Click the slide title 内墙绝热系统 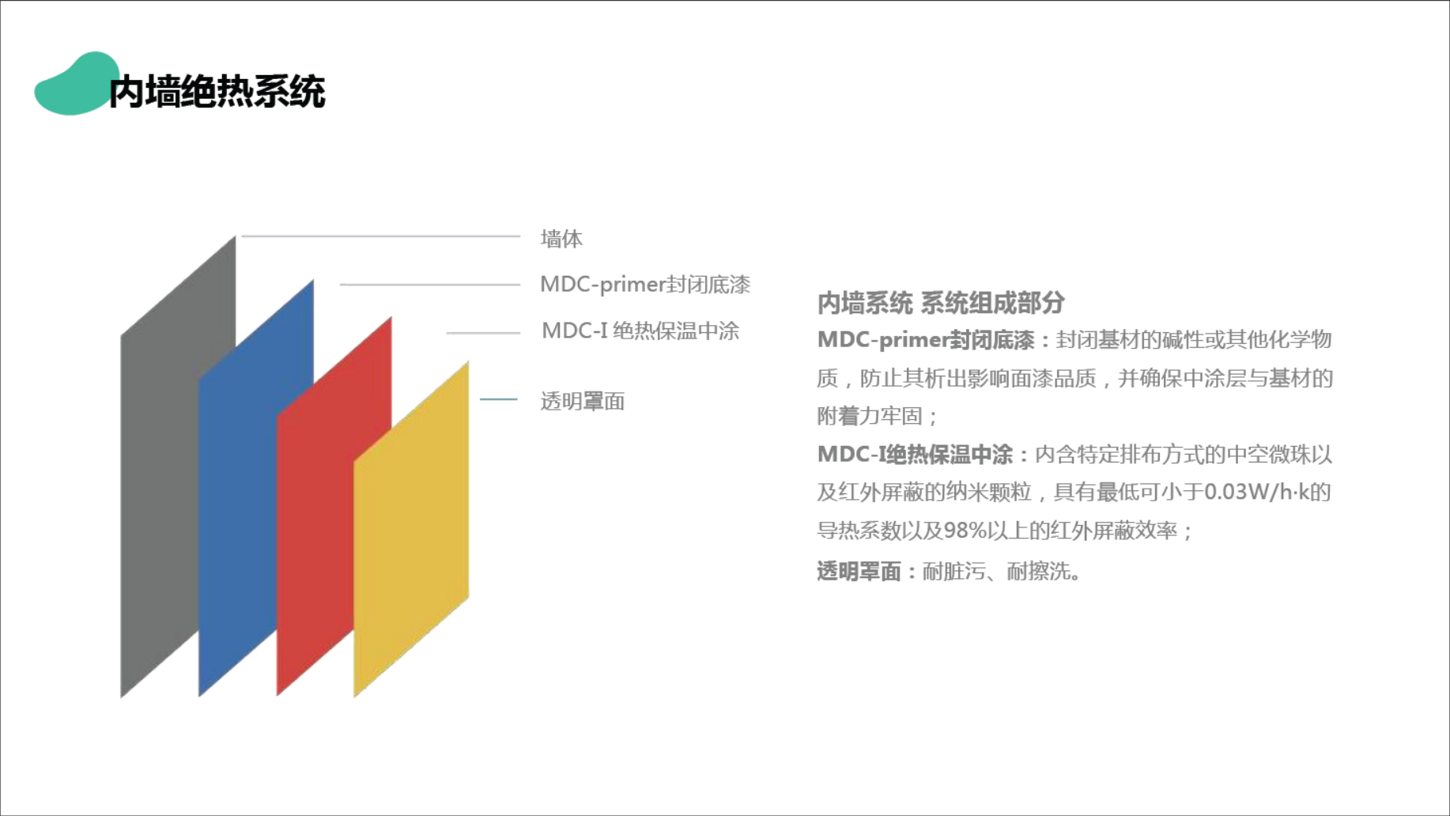(x=217, y=92)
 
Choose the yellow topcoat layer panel (x=411, y=530)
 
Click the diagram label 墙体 (x=561, y=239)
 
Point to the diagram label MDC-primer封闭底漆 (x=645, y=285)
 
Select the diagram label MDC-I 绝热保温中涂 (x=640, y=331)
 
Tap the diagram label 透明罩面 (x=583, y=402)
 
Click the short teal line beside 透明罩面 (x=499, y=399)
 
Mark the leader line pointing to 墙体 (x=381, y=236)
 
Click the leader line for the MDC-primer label (x=430, y=284)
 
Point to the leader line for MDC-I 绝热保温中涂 (x=483, y=333)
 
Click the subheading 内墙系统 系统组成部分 (x=941, y=303)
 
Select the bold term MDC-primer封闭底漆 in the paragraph (x=926, y=340)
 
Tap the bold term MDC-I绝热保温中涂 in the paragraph (x=915, y=455)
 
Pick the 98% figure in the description (x=965, y=531)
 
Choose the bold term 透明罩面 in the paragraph (x=859, y=571)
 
